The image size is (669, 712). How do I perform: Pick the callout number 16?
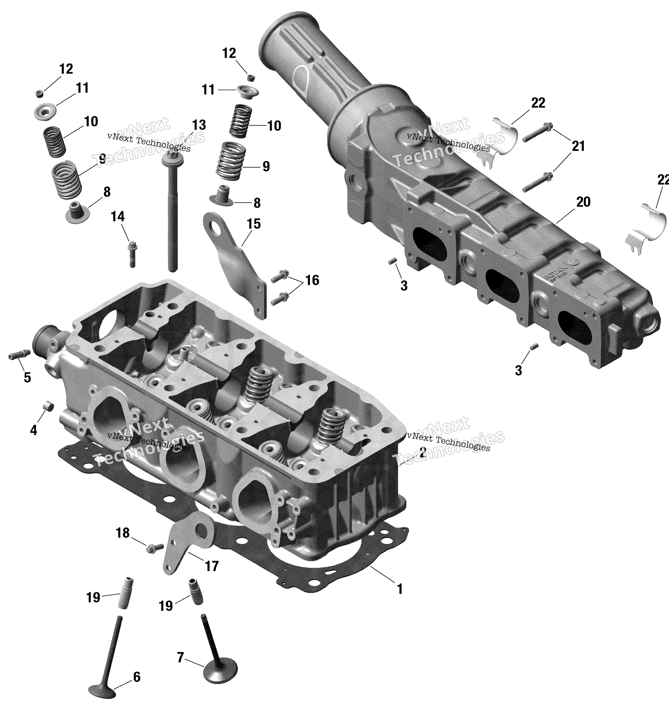[312, 280]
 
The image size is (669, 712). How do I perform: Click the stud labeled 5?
[18, 355]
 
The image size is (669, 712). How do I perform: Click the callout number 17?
[211, 566]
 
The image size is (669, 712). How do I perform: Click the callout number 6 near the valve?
[137, 677]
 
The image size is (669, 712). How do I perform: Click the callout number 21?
[578, 146]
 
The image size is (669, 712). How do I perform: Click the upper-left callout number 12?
[66, 69]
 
